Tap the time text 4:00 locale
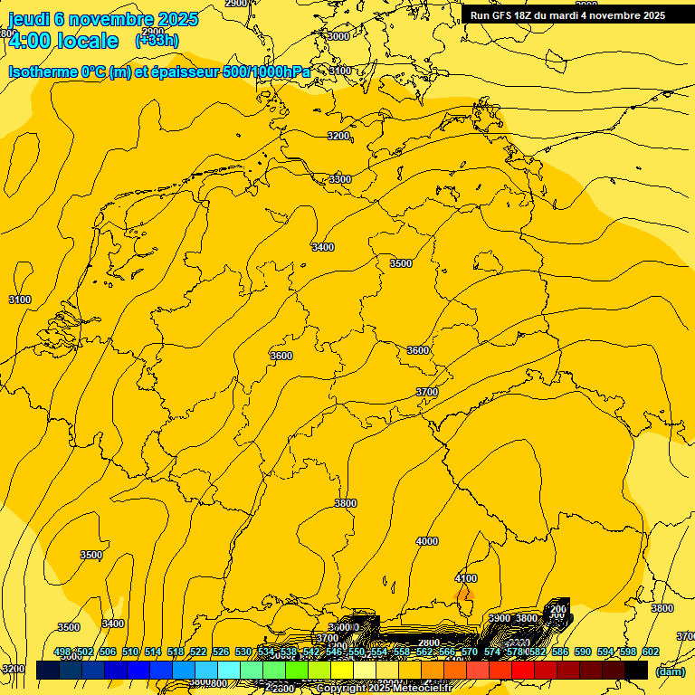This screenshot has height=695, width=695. pos(63,41)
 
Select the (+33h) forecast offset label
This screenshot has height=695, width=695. pos(157,41)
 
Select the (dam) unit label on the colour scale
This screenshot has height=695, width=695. pos(670,671)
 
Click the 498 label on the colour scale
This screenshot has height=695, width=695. pos(62,652)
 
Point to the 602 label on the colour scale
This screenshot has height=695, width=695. pos(650,652)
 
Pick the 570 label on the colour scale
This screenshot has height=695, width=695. pos(469,652)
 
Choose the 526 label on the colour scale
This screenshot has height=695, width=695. pos(220,652)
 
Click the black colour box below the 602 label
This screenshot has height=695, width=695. pos(636,671)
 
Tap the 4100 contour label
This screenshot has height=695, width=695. pos(465,578)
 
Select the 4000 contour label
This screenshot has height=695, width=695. pos(426,541)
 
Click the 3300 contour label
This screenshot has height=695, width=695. pos(340,179)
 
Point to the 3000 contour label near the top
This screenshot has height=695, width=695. pos(338,36)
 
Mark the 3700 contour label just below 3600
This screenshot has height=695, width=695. pos(426,392)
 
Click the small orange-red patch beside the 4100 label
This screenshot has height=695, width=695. pos(466,595)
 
